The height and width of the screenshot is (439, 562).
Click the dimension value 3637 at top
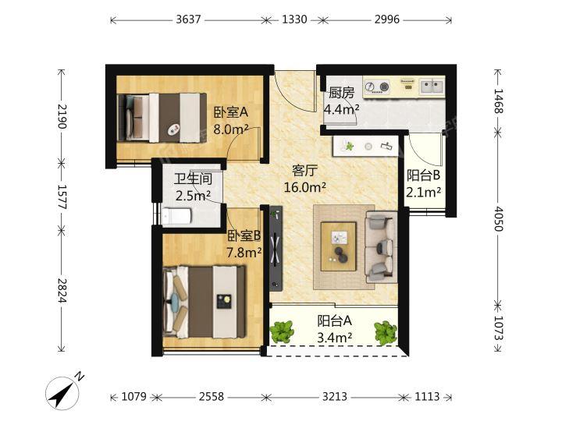[188, 19]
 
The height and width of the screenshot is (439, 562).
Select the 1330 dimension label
[294, 19]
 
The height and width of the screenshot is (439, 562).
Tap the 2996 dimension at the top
[387, 19]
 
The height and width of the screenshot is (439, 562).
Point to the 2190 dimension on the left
[62, 116]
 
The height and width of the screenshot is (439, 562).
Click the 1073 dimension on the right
[499, 327]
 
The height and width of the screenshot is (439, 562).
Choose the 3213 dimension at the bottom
[335, 396]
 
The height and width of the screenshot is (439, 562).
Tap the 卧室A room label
[231, 112]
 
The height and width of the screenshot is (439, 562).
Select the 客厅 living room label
[304, 171]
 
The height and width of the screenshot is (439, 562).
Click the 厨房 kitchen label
[342, 93]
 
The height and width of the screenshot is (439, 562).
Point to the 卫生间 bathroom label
[194, 179]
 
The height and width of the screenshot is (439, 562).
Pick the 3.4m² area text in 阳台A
[334, 338]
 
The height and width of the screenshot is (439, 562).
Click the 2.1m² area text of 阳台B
[423, 193]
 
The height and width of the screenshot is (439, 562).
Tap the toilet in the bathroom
[176, 216]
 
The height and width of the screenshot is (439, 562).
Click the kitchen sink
[432, 87]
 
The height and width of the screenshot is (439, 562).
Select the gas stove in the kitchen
[377, 87]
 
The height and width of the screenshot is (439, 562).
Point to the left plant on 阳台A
[282, 331]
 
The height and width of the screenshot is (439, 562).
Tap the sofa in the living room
[381, 247]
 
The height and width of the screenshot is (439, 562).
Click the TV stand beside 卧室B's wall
[276, 247]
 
